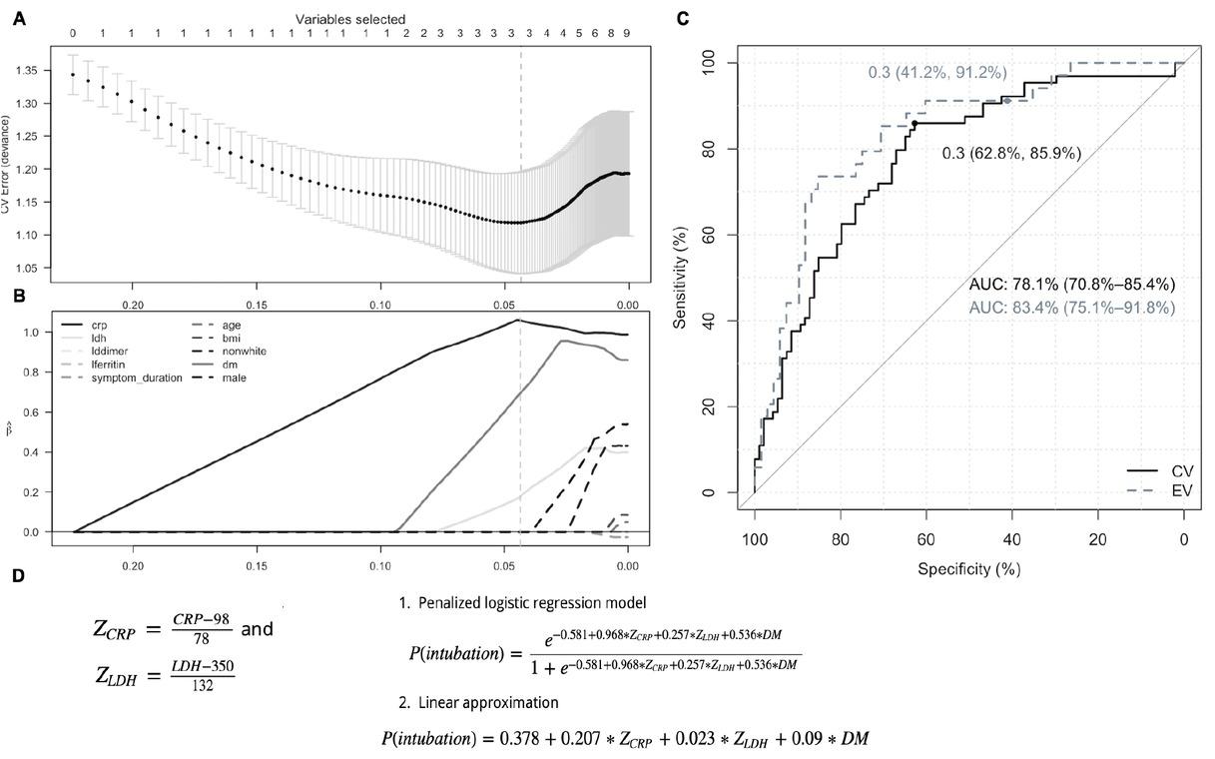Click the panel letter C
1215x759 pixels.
682,18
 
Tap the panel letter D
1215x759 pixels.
17,576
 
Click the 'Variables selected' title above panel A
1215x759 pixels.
349,19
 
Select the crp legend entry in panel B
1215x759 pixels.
98,326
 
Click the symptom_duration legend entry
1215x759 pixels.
136,379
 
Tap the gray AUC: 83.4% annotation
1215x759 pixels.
1071,308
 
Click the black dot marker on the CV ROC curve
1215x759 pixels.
914,123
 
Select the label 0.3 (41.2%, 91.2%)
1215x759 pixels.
935,73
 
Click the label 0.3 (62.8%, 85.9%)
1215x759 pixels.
1011,154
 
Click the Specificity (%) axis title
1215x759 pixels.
969,568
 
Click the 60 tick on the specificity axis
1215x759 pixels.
925,540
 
